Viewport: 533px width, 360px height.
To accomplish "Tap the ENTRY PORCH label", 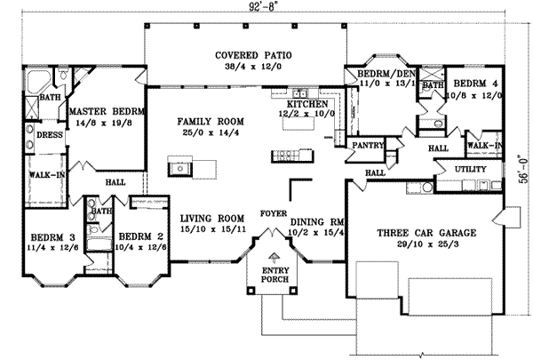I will tap(267, 276).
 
